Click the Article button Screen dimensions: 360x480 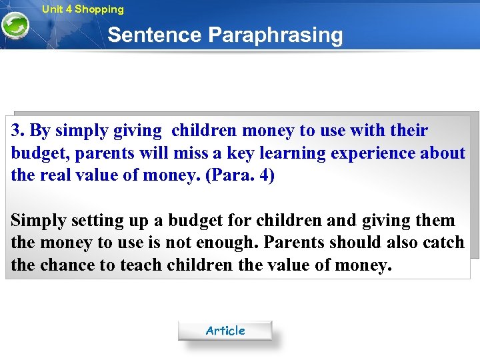(x=225, y=331)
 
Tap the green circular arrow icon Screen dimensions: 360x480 (x=15, y=27)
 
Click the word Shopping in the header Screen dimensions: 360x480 (x=99, y=9)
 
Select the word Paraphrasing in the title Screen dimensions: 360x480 (x=276, y=35)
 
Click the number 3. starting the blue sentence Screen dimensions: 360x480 (x=19, y=131)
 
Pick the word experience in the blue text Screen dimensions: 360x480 (x=373, y=153)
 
